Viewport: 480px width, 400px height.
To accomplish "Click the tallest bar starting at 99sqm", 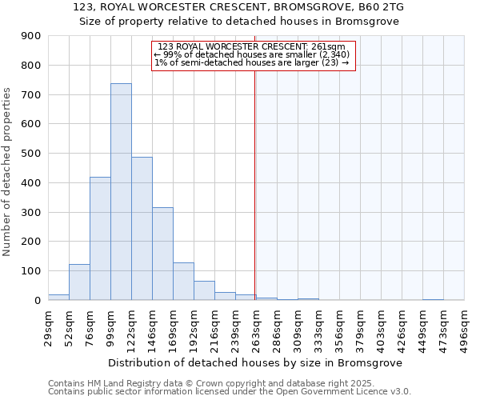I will pos(121,192).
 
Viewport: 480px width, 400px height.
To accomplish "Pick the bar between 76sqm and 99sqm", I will pos(100,238).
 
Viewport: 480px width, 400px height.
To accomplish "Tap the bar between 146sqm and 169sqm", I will pos(162,254).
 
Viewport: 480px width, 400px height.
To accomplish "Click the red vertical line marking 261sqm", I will pos(254,184).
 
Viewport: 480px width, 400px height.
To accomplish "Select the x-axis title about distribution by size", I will pos(254,362).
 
